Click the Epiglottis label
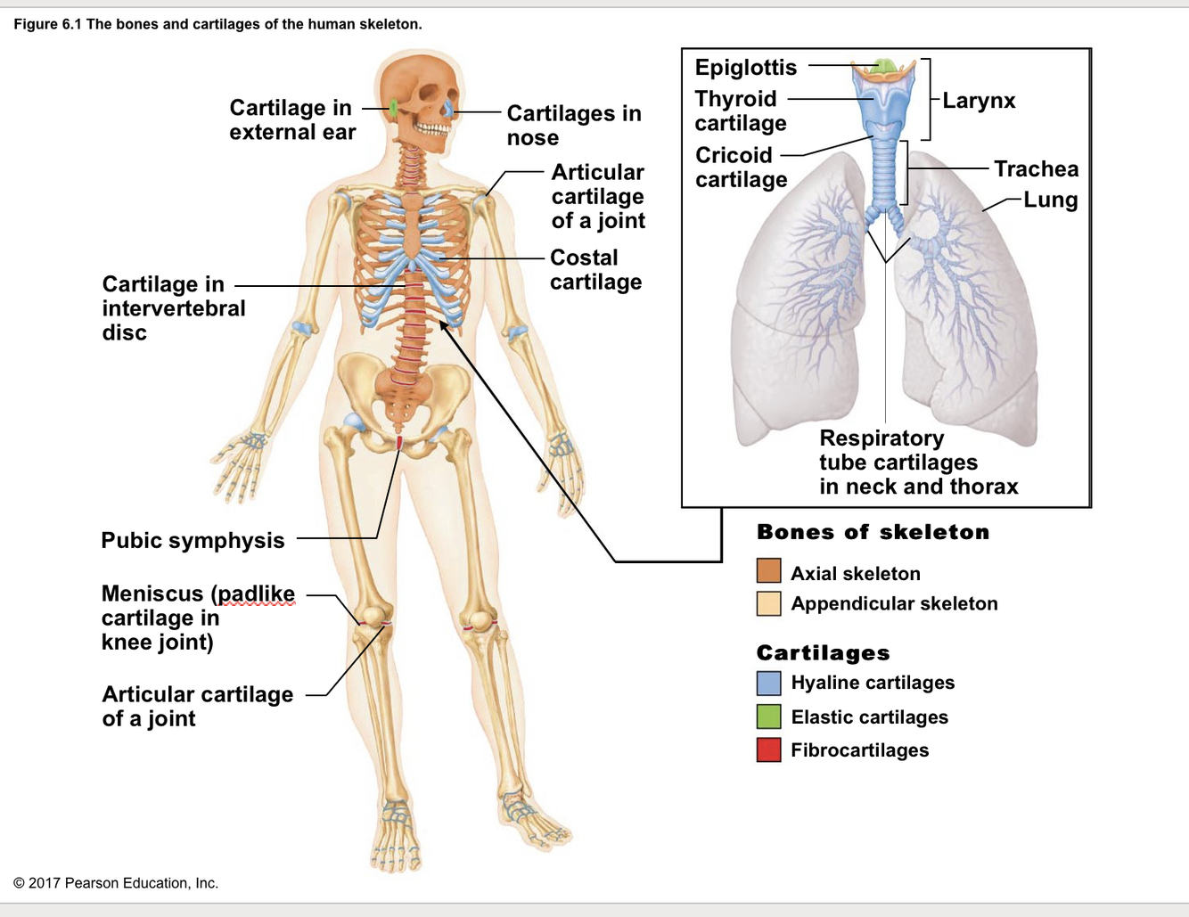point(745,68)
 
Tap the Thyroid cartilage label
point(740,111)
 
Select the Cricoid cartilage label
point(741,167)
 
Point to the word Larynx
point(979,101)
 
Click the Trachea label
point(1036,168)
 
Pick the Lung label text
point(1050,200)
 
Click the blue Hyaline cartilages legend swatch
point(768,683)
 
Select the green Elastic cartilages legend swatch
point(768,716)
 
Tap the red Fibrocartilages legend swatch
point(768,750)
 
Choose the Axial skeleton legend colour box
point(768,570)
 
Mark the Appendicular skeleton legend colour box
point(768,603)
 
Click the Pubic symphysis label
point(193,540)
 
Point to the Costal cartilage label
point(595,269)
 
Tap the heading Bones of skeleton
point(873,532)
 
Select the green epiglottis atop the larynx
point(883,66)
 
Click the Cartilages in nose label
point(573,125)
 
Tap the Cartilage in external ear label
point(291,119)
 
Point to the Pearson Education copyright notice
point(116,883)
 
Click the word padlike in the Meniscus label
point(256,594)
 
